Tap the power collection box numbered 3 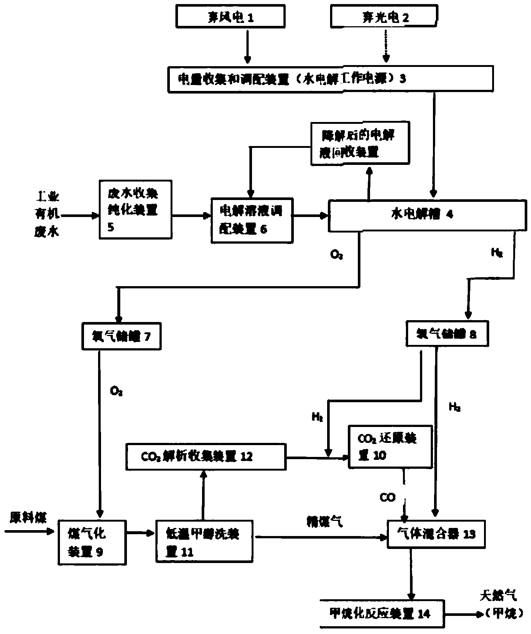coord(330,79)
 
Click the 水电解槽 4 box coord(427,216)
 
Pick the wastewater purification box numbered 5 coord(135,210)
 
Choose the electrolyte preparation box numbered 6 coord(252,220)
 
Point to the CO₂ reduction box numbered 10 coord(390,447)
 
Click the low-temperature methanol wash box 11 coord(205,542)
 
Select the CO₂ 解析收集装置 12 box coord(206,457)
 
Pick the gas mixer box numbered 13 coord(436,534)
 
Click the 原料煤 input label coord(28,518)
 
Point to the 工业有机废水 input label coord(47,214)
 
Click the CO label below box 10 coord(387,497)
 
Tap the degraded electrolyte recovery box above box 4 coord(360,143)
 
